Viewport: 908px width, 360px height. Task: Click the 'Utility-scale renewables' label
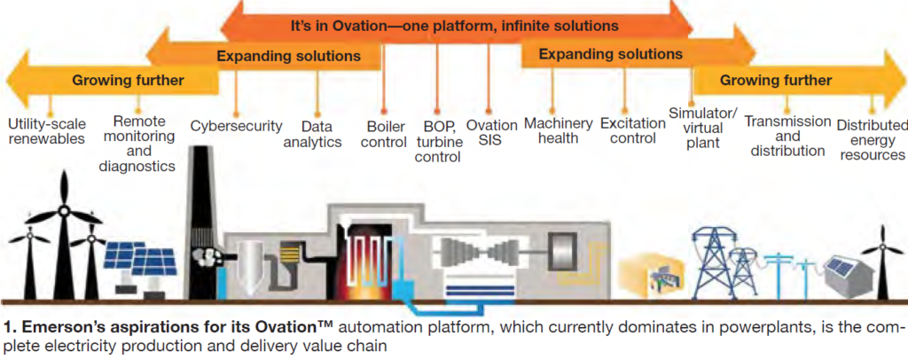pos(47,130)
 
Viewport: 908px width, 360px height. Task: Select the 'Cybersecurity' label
pos(236,126)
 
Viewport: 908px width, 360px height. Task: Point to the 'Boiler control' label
pos(386,134)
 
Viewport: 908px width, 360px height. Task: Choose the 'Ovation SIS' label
pos(491,133)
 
